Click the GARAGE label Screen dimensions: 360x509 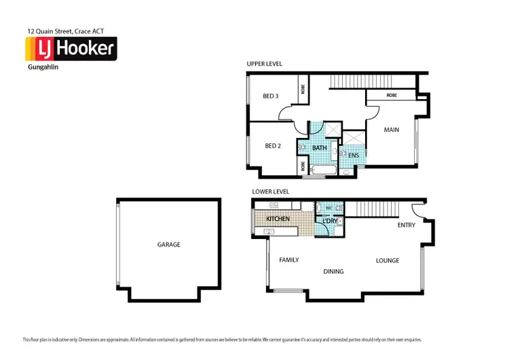pos(169,245)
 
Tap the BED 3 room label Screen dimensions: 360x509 pos(270,96)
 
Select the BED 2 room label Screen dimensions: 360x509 pos(272,145)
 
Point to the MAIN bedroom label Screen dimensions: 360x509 pos(391,130)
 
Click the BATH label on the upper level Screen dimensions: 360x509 pos(319,148)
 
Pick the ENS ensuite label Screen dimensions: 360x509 pos(353,156)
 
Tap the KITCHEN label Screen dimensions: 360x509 pos(278,219)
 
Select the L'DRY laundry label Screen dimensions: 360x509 pos(330,221)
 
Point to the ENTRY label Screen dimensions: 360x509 pos(407,225)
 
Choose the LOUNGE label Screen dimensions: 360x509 pos(388,261)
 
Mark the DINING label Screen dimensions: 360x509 pos(333,272)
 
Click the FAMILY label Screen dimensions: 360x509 pos(288,260)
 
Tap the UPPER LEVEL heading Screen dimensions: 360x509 pos(264,64)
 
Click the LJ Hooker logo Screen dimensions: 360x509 pos(71,49)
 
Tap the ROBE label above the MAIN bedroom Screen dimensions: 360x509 pos(392,96)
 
